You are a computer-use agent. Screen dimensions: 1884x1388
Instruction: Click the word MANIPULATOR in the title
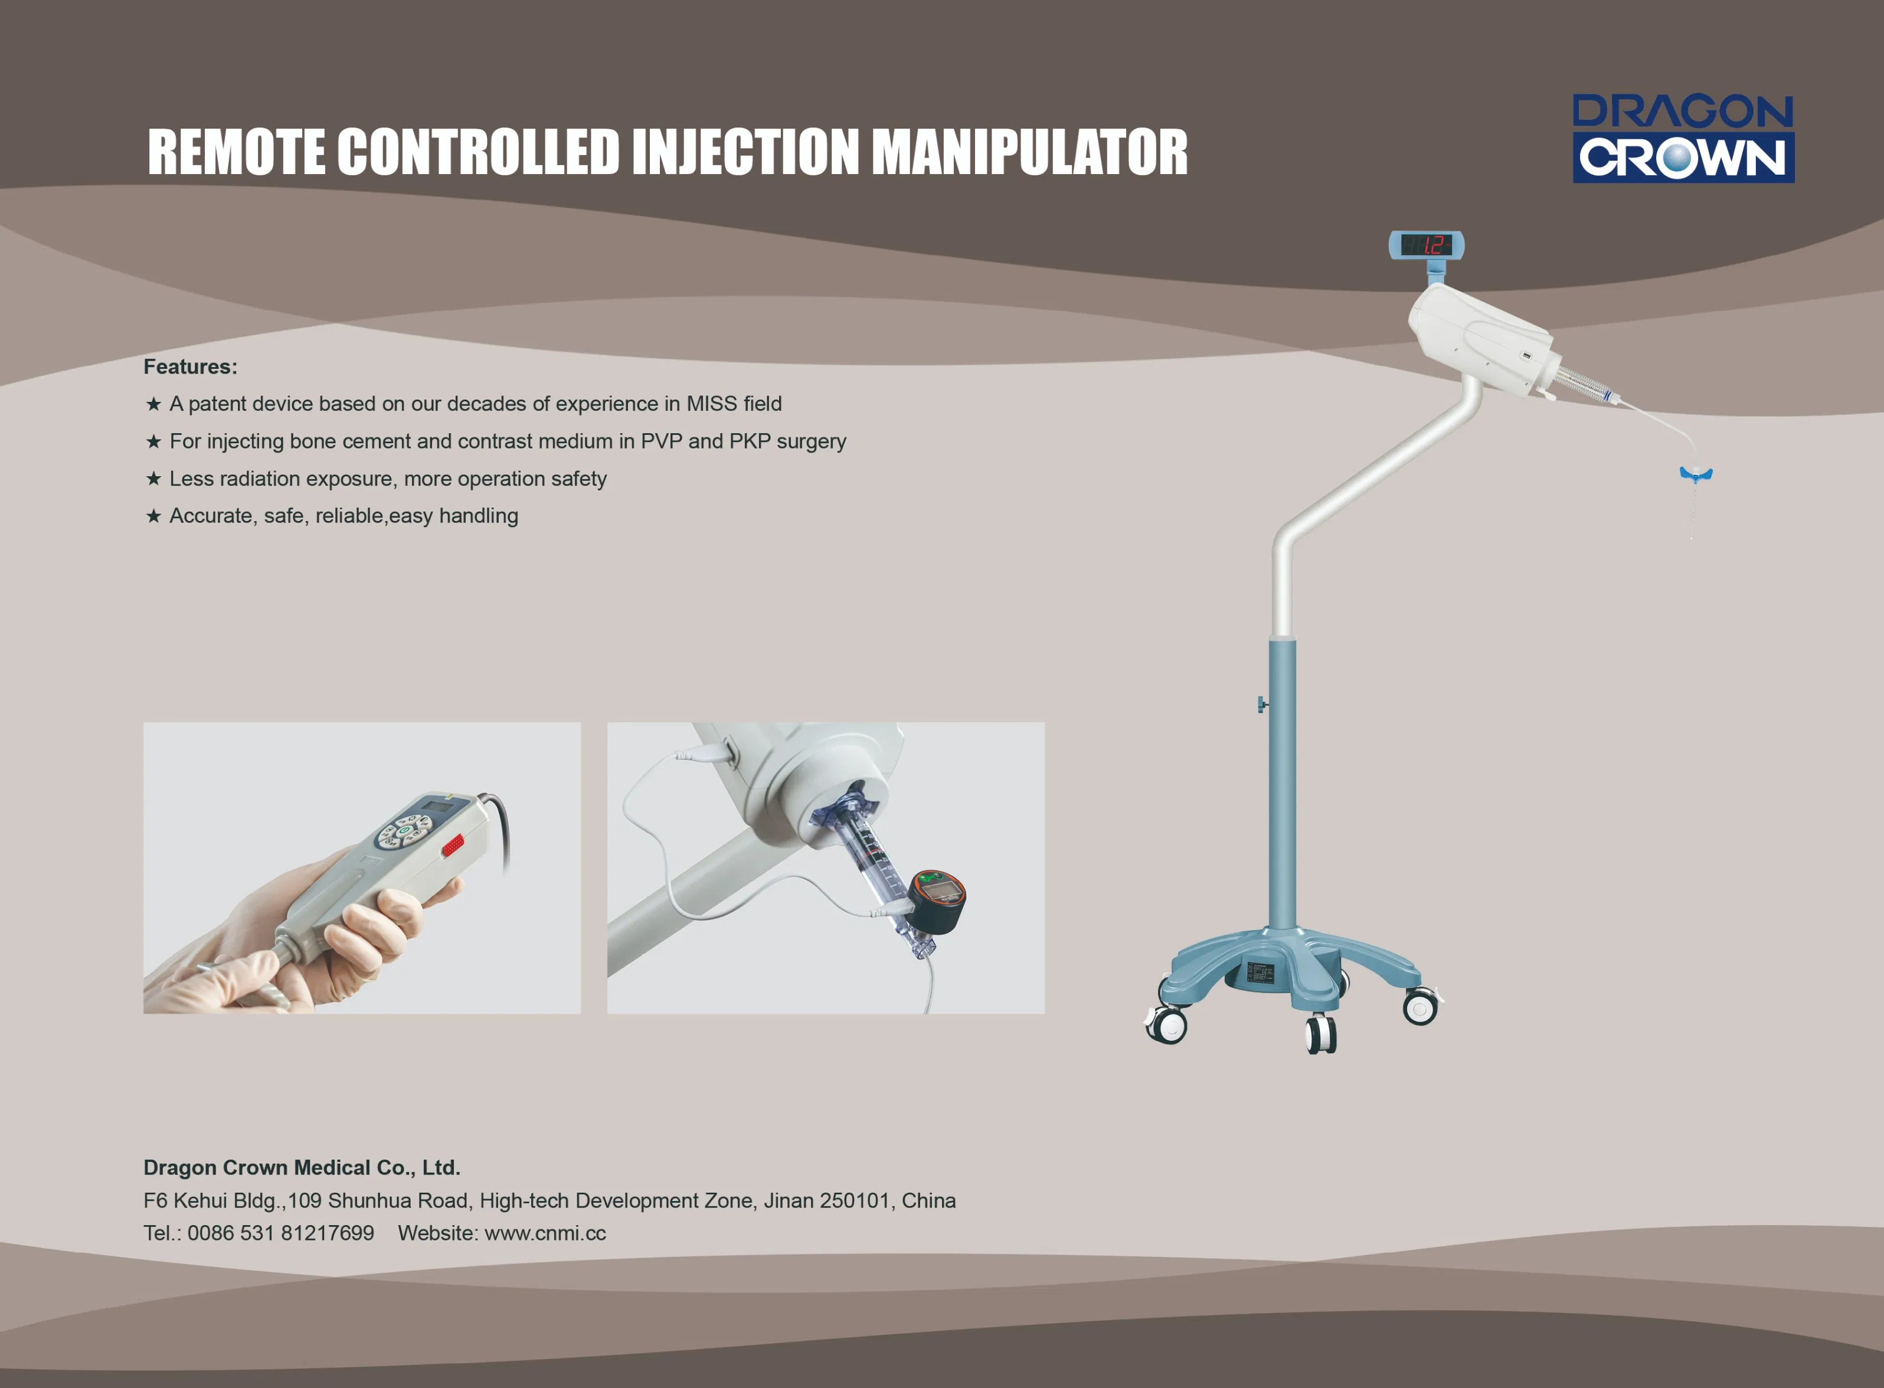tap(1029, 152)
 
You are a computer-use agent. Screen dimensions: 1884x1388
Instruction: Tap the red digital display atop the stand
tap(1426, 245)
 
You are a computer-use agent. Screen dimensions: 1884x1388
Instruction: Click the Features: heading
tap(191, 366)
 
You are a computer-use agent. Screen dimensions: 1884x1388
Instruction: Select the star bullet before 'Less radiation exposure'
tap(153, 479)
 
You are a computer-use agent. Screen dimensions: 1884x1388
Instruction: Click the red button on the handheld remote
tap(453, 844)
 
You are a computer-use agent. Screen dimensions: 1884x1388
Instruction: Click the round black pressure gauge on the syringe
tap(937, 901)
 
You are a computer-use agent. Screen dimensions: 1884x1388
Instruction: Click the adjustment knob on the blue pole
tap(1263, 704)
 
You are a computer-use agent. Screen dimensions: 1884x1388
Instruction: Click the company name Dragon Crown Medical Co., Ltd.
tap(302, 1168)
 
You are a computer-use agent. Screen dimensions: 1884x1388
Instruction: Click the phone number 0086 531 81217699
tap(281, 1233)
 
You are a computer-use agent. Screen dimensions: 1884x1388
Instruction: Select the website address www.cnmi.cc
tap(545, 1233)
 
